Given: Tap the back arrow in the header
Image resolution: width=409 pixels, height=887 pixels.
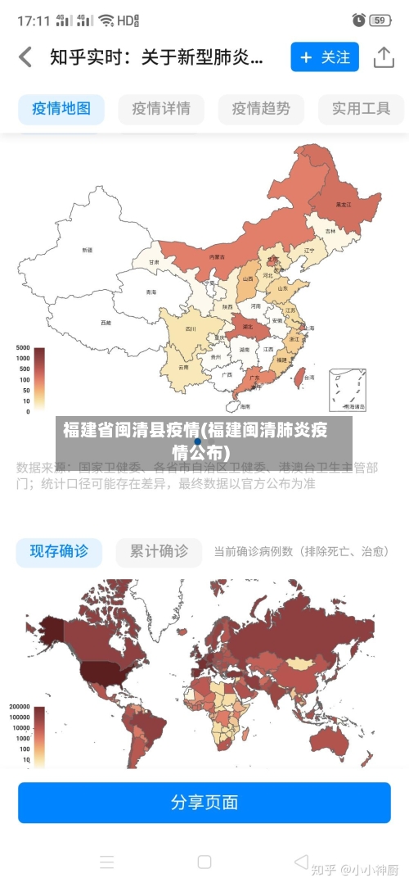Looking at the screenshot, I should tap(25, 57).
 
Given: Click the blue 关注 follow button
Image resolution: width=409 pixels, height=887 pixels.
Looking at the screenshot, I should tap(325, 57).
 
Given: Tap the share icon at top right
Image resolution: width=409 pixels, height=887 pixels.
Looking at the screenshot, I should tap(384, 57).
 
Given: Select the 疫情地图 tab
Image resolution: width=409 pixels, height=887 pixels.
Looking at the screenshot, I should tap(61, 108).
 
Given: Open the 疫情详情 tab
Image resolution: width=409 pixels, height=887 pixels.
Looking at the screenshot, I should tap(161, 108).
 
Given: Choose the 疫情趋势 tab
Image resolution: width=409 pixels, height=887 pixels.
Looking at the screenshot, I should tap(261, 108).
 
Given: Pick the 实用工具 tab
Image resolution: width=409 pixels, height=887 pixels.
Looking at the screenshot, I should tap(361, 108).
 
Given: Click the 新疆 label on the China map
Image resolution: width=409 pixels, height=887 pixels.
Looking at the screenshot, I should tap(88, 249).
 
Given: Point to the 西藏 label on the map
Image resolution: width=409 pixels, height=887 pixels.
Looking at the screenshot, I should tap(106, 323).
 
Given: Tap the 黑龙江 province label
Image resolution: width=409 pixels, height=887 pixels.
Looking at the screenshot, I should tap(344, 204).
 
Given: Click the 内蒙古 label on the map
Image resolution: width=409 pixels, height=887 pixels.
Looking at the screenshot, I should tap(217, 256).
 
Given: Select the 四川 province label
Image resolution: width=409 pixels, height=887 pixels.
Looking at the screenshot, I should tap(191, 328).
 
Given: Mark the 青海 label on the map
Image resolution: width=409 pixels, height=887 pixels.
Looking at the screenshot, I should tap(151, 292).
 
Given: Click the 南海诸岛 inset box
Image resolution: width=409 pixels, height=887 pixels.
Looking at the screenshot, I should tap(348, 390).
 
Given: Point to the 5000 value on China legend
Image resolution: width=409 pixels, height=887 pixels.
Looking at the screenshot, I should tap(22, 347).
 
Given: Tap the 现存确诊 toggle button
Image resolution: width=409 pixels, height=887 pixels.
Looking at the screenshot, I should tap(60, 551).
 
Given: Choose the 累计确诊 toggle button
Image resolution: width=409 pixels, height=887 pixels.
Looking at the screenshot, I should tap(159, 551).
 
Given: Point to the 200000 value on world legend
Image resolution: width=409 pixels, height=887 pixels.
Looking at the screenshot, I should tap(20, 706).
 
